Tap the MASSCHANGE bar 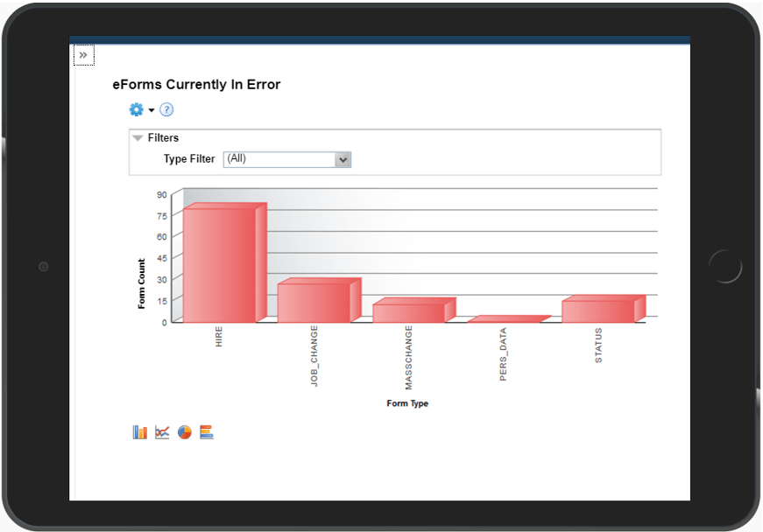pyautogui.click(x=409, y=312)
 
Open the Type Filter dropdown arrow pyautogui.click(x=343, y=160)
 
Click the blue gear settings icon pyautogui.click(x=136, y=109)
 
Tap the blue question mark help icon pyautogui.click(x=166, y=109)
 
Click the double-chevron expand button pyautogui.click(x=83, y=55)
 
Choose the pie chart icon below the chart pyautogui.click(x=184, y=432)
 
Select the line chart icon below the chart pyautogui.click(x=162, y=432)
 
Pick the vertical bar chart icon pyautogui.click(x=140, y=432)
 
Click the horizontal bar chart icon pyautogui.click(x=207, y=432)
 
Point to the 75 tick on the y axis pyautogui.click(x=161, y=215)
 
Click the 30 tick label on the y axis pyautogui.click(x=161, y=278)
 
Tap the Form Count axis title pyautogui.click(x=142, y=283)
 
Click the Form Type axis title pyautogui.click(x=407, y=403)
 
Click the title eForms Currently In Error pyautogui.click(x=196, y=85)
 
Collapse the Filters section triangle pyautogui.click(x=138, y=138)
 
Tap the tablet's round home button pyautogui.click(x=724, y=266)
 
